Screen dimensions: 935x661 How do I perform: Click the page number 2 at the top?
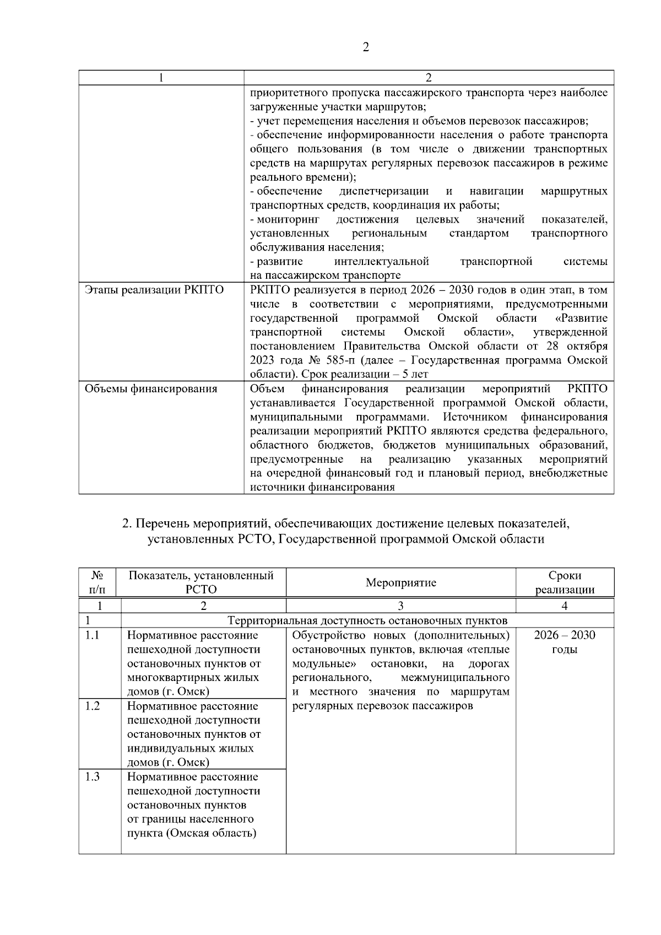point(365,47)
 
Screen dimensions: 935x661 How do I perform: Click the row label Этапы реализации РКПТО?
point(154,290)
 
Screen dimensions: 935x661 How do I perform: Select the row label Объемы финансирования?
point(150,389)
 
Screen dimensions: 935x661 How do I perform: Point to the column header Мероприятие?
point(400,582)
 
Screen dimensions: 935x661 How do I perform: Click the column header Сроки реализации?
point(565,582)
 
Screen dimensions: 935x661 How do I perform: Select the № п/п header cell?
point(100,582)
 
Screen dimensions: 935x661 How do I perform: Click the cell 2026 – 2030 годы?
point(565,642)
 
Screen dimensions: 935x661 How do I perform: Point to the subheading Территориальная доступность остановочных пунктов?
point(367,620)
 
